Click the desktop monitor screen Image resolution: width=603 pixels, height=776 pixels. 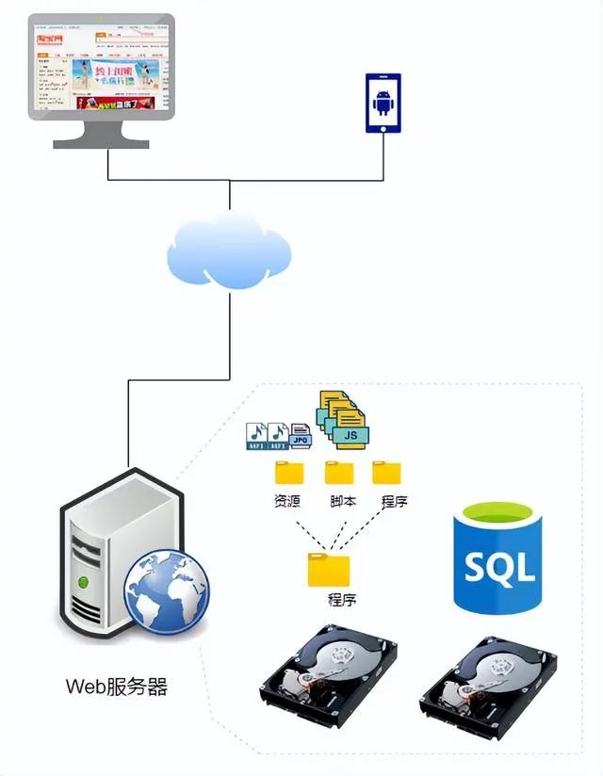101,68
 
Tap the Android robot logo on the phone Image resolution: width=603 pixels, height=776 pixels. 383,104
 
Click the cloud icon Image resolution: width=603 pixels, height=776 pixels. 229,250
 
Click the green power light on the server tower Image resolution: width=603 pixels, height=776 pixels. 86,580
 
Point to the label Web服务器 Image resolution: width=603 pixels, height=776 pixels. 117,687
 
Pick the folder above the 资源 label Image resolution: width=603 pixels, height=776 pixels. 289,472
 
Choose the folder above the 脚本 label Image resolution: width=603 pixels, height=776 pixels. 339,472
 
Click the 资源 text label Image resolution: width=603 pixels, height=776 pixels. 286,501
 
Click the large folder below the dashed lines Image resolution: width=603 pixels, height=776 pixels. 329,570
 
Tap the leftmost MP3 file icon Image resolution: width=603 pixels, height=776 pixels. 255,433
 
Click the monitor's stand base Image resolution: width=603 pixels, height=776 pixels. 101,142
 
